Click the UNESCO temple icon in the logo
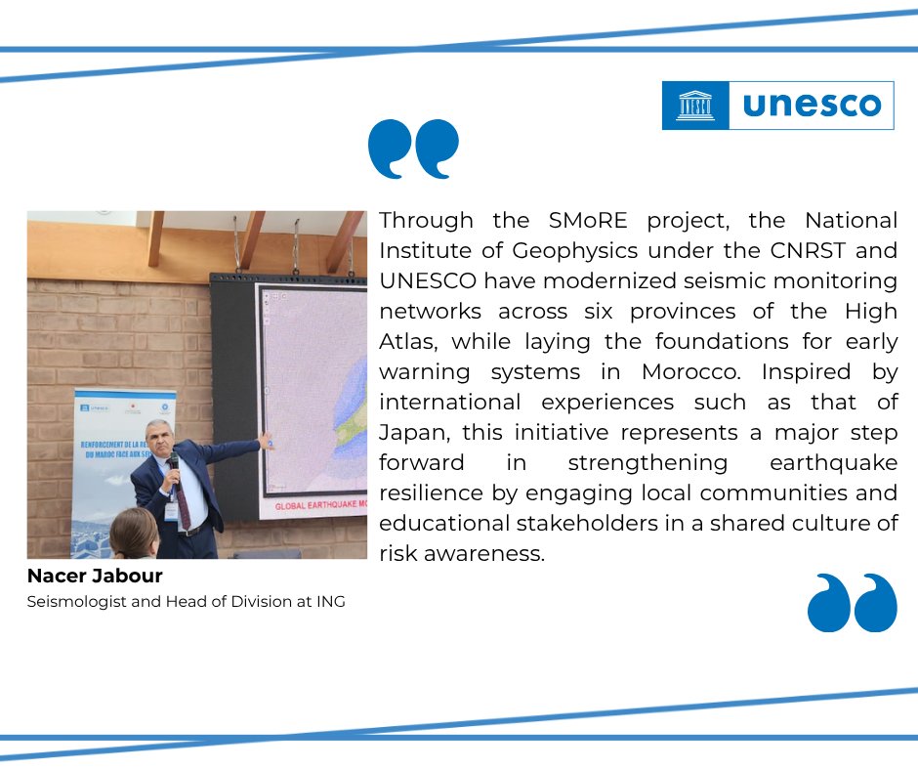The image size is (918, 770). point(695,105)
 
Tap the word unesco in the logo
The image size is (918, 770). point(812,105)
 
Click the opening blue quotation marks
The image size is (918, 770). point(413,149)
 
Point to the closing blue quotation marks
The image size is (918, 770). point(852,602)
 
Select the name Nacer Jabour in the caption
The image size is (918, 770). point(95,577)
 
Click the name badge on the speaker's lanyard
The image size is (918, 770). point(172,511)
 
